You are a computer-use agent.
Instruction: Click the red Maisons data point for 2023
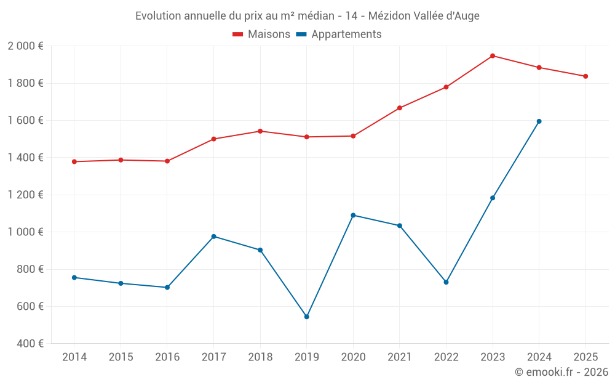point(493,56)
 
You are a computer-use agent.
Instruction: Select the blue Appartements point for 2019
point(307,317)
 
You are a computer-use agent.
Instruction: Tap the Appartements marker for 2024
point(539,121)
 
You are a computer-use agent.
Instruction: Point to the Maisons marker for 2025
point(585,76)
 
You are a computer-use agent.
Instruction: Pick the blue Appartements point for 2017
point(213,237)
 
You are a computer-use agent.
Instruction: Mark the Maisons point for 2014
point(74,161)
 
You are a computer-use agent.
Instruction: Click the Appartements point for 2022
point(446,282)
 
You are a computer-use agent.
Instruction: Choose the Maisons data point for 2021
point(400,108)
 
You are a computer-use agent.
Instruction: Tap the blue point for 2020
point(353,215)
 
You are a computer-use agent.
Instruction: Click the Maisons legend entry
point(261,34)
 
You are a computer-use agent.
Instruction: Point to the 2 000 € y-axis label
point(25,46)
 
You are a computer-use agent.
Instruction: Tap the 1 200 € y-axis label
point(25,195)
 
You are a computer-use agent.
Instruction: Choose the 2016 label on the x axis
point(167,357)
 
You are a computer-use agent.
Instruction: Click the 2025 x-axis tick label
point(585,357)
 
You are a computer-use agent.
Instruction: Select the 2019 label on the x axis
point(307,357)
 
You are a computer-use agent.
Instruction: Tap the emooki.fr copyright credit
point(561,372)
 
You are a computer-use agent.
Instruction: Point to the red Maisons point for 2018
point(260,131)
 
